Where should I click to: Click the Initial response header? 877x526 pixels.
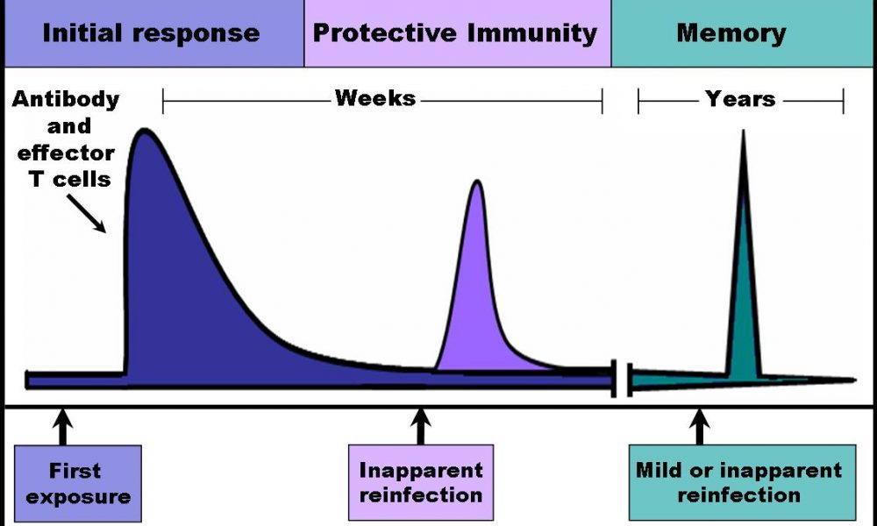(x=151, y=33)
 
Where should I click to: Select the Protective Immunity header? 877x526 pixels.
(x=454, y=33)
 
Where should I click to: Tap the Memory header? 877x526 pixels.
(x=731, y=33)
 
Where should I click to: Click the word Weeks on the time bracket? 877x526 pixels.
(x=375, y=98)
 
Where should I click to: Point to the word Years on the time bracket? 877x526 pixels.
(x=740, y=99)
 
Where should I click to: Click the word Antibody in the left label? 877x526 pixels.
(x=66, y=99)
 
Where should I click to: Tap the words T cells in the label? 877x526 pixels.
(x=70, y=179)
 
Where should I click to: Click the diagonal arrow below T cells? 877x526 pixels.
(x=86, y=213)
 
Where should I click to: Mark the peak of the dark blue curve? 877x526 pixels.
(x=145, y=131)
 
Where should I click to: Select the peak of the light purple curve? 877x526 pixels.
(x=476, y=181)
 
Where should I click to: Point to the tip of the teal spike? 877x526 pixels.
(x=744, y=131)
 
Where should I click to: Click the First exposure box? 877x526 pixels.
(x=78, y=484)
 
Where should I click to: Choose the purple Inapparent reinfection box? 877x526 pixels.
(x=421, y=482)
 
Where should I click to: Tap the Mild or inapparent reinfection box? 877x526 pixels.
(x=742, y=482)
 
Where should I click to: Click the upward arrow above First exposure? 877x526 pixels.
(x=63, y=427)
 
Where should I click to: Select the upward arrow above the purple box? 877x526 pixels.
(x=421, y=427)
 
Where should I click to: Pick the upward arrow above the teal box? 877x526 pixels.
(x=699, y=427)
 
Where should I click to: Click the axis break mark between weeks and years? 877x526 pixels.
(x=622, y=380)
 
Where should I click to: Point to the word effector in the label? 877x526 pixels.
(x=66, y=152)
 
